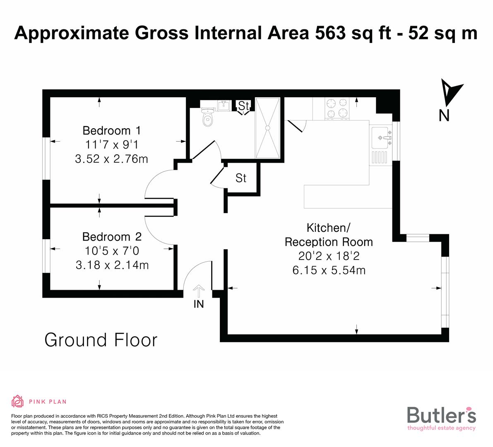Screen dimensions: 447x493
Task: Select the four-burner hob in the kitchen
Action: [337, 108]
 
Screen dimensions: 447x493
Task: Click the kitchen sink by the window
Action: [381, 138]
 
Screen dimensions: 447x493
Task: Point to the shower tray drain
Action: [268, 128]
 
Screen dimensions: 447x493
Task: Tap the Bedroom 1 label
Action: [111, 130]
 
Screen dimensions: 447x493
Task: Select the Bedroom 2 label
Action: [112, 237]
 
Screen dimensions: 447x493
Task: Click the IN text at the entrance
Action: [199, 304]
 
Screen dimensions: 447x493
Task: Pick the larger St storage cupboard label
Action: [241, 178]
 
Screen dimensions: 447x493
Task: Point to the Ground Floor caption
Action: [101, 340]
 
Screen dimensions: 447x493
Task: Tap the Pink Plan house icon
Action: [18, 401]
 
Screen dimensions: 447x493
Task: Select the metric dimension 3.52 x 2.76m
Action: [111, 159]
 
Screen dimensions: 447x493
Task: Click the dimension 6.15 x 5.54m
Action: [329, 271]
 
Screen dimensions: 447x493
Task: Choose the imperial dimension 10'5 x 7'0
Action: [112, 251]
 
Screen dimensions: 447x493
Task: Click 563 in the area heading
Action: [329, 33]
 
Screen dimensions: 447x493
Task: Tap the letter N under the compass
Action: [444, 116]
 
